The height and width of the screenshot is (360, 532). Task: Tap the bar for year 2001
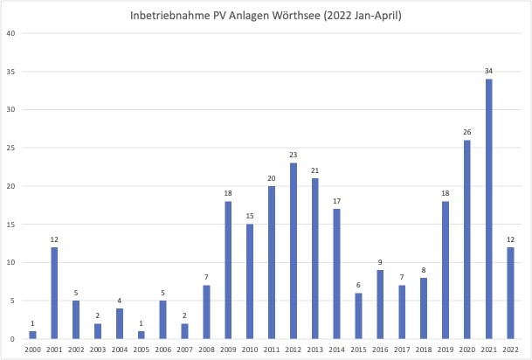55,293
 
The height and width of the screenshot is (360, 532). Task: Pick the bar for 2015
358,315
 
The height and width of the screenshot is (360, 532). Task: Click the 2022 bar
510,293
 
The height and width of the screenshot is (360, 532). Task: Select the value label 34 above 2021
488,70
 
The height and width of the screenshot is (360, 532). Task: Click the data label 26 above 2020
466,131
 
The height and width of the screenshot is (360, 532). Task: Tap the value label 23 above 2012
294,155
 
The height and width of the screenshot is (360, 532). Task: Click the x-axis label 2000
33,350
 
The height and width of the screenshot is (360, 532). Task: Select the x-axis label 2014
336,350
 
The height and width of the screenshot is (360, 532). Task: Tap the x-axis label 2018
424,350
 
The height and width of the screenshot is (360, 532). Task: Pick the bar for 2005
142,335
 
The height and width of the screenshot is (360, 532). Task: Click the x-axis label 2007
185,350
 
